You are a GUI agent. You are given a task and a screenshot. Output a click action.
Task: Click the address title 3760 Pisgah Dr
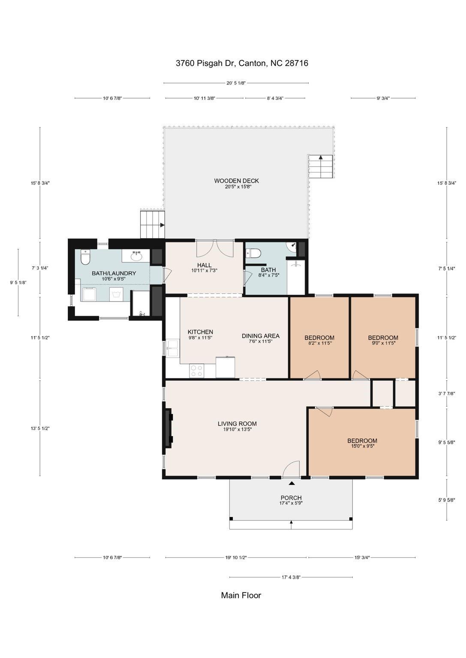242,63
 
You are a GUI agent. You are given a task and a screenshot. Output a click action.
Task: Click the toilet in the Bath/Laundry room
85,257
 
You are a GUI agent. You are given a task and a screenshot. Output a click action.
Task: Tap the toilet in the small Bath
253,253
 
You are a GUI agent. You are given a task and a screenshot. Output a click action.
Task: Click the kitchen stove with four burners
197,371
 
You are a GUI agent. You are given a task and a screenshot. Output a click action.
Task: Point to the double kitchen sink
173,348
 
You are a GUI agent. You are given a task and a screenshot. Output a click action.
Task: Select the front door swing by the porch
291,469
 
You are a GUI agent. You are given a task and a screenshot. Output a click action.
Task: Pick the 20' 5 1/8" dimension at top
236,83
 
